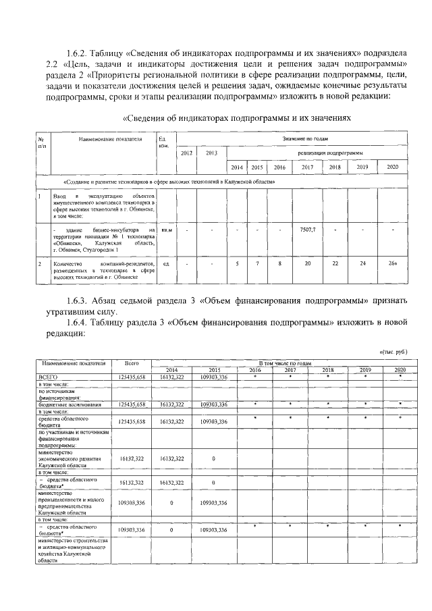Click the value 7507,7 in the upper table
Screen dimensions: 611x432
(308, 230)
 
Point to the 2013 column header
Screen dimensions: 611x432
(212, 153)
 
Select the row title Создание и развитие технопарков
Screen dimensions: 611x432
(169, 182)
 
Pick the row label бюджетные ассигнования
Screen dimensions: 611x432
(70, 404)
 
